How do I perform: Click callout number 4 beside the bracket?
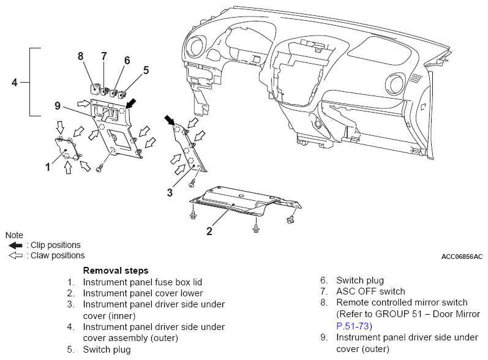tap(14, 83)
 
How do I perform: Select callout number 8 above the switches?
tap(81, 56)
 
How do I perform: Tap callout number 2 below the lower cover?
tap(209, 231)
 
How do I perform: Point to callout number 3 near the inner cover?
tap(170, 193)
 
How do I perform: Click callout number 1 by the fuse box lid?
tap(48, 167)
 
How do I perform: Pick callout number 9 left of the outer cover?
tap(58, 106)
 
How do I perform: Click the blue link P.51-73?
tap(353, 326)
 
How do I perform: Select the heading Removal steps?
tap(116, 271)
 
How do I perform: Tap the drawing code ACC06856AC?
tap(462, 257)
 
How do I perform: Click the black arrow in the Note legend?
tap(15, 246)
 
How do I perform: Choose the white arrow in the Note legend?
tap(15, 255)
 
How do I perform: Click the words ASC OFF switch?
tap(370, 291)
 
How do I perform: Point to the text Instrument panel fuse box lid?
tap(143, 282)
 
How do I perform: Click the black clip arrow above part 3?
tap(170, 120)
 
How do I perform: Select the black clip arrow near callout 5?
tap(130, 103)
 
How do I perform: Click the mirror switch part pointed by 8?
tap(95, 88)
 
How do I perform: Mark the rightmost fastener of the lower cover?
tap(290, 220)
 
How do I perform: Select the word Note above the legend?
tap(14, 235)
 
